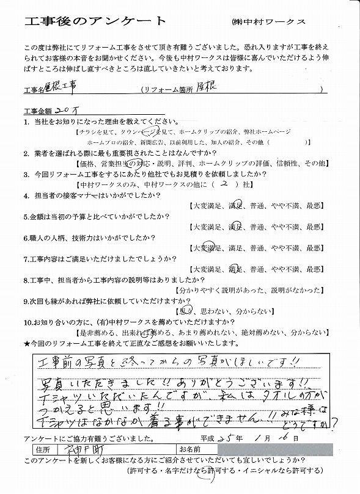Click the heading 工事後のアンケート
[95, 21]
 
